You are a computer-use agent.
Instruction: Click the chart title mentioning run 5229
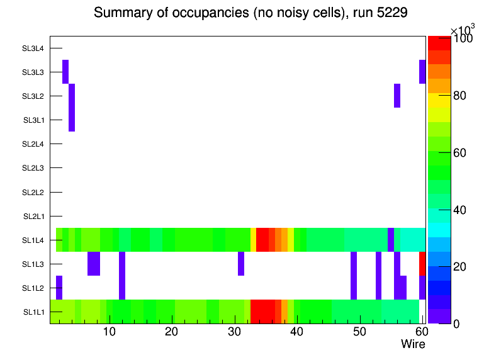tap(250, 13)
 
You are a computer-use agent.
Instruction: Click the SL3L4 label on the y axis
tap(33, 48)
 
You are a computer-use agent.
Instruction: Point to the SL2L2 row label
tap(33, 193)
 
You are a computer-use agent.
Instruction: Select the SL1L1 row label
tap(34, 312)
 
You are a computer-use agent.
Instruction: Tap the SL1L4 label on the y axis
tap(33, 240)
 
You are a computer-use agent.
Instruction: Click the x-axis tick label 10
tap(109, 332)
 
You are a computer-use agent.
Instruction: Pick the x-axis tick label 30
tap(234, 332)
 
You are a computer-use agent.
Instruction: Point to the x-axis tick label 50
tap(359, 332)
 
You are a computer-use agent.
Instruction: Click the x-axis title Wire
tap(413, 344)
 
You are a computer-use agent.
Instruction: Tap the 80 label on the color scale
tap(460, 96)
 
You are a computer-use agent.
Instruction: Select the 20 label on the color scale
tap(460, 267)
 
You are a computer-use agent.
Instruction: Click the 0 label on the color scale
tap(456, 324)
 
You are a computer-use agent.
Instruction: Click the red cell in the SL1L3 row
tap(422, 264)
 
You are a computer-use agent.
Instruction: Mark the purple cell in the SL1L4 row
tap(391, 240)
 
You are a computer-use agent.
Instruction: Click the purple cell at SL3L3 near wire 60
tap(422, 72)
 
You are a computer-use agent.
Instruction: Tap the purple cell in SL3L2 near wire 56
tap(397, 96)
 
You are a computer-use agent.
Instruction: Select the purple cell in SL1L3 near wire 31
tap(241, 264)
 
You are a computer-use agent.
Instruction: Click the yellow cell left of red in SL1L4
tap(253, 240)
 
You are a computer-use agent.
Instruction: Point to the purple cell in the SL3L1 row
tap(72, 120)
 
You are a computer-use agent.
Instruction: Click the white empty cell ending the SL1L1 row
tap(422, 312)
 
